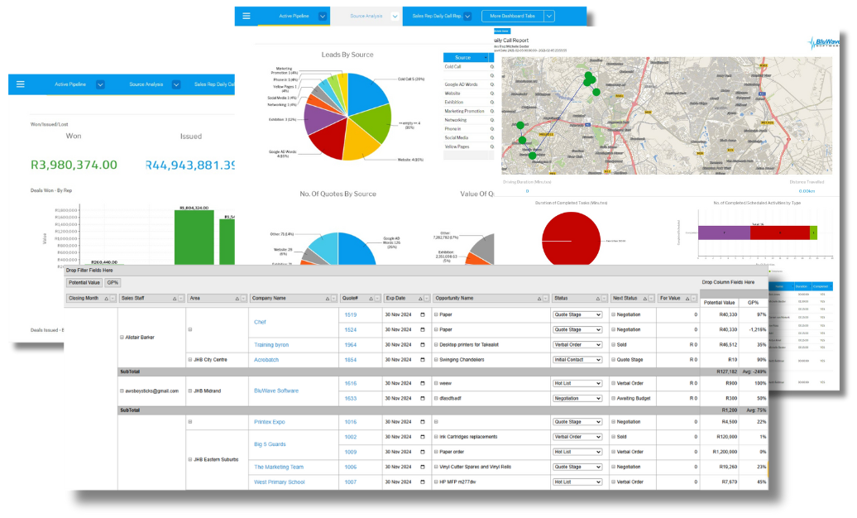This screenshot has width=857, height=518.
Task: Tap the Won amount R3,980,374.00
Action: (74, 165)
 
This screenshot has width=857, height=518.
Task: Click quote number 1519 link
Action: (350, 314)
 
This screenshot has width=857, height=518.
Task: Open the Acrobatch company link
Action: (271, 360)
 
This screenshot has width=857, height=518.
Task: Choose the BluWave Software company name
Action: (275, 391)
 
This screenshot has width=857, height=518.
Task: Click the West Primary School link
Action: (279, 482)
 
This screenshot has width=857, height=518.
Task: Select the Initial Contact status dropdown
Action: (577, 360)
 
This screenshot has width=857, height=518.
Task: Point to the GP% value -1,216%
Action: (751, 329)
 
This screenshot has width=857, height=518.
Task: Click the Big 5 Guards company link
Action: (271, 444)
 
